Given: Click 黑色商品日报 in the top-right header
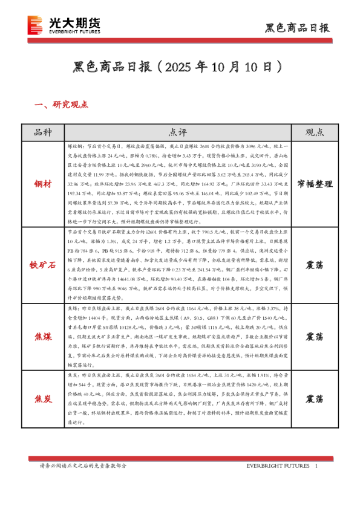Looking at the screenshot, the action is pos(298,28).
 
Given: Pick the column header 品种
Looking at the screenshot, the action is pos(43,132).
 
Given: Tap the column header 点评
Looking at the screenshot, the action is pos(178,132).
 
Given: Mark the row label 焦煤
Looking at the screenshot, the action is pos(43,336).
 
